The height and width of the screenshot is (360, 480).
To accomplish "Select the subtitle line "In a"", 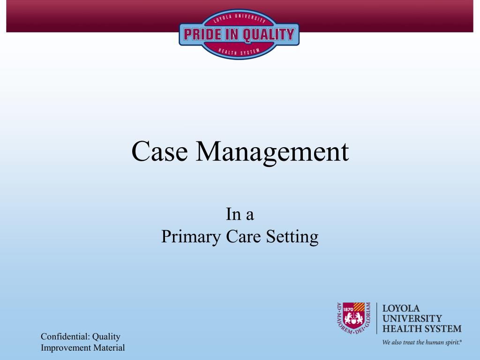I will [240, 215].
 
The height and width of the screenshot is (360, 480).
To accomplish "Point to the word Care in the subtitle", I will [243, 236].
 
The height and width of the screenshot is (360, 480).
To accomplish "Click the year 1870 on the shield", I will [347, 309].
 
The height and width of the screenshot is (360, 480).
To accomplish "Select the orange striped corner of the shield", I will [359, 308].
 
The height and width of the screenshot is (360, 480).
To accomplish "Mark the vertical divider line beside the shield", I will [377, 318].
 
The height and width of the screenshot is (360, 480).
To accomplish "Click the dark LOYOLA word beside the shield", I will [401, 309].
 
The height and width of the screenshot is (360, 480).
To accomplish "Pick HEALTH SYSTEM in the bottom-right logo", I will [422, 329].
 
